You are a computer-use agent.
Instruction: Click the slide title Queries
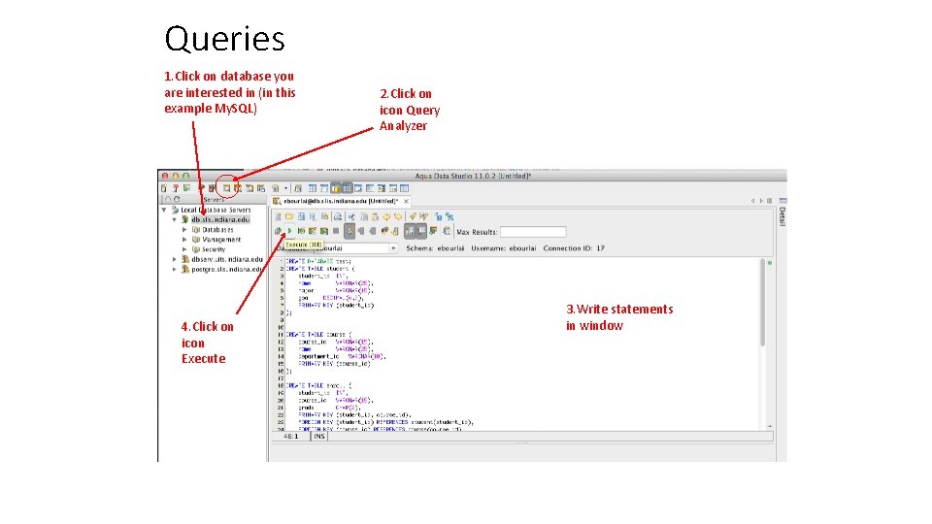point(224,39)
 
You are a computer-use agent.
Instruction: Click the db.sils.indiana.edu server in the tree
point(220,219)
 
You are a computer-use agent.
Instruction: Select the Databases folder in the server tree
point(217,230)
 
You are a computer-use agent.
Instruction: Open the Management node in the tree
point(221,240)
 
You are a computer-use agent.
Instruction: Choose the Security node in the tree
point(213,249)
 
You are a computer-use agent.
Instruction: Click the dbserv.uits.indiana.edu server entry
point(226,259)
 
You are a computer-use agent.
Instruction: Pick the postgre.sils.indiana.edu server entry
point(226,269)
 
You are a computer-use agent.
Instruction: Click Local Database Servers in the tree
point(216,210)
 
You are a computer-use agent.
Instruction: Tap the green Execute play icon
point(289,231)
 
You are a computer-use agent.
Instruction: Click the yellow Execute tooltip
point(304,245)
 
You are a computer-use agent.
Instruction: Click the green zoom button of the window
point(184,176)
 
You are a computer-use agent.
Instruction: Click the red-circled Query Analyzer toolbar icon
point(226,187)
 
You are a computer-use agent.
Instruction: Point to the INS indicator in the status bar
point(318,437)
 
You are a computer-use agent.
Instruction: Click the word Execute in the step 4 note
point(203,359)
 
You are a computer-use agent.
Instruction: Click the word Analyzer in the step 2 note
point(403,126)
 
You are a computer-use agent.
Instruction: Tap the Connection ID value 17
point(600,248)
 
